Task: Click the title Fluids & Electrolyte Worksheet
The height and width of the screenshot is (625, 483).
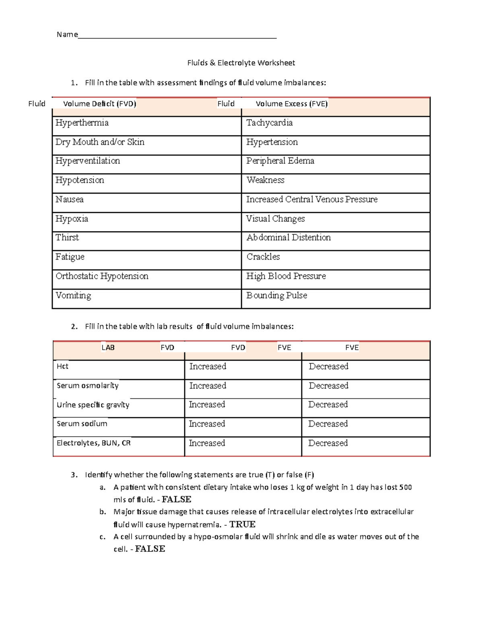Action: (x=241, y=63)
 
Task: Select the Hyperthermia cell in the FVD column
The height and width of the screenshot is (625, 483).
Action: (x=82, y=123)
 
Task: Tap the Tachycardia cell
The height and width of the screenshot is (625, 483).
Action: (x=269, y=123)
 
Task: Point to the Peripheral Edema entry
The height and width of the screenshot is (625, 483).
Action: (x=280, y=161)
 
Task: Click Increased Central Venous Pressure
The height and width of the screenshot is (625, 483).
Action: (x=312, y=200)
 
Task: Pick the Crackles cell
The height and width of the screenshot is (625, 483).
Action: (x=263, y=257)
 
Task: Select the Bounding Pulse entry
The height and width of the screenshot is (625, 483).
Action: (x=277, y=295)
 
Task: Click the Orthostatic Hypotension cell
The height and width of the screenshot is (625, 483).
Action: (x=102, y=276)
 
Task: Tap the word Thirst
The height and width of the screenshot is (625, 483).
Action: (x=67, y=237)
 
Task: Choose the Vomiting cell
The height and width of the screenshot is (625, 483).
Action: (x=73, y=295)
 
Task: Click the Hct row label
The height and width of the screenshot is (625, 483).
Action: (x=62, y=366)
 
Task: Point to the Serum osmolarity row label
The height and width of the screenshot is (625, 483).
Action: (x=87, y=386)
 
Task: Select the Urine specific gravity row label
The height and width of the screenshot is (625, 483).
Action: (x=93, y=405)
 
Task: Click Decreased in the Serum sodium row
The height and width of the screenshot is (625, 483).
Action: (x=328, y=424)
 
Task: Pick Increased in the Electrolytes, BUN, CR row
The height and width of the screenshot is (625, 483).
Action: (x=207, y=443)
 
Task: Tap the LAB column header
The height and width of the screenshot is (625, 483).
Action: (x=108, y=348)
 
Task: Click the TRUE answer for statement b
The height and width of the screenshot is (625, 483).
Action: (x=242, y=524)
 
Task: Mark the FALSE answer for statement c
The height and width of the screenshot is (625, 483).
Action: (x=150, y=549)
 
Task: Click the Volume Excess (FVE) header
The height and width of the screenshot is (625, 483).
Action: (x=291, y=104)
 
